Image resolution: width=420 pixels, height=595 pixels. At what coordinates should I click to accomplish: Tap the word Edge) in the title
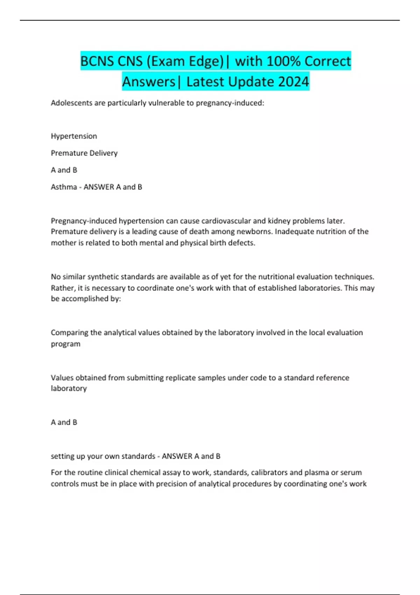(x=207, y=61)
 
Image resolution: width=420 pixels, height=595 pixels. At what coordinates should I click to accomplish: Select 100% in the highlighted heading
(x=283, y=61)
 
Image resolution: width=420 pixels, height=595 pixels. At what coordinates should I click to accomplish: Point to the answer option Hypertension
(x=74, y=136)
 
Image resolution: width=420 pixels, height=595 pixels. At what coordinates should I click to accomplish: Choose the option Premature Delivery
(x=84, y=153)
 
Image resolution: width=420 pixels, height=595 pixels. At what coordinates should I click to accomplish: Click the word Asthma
(x=64, y=187)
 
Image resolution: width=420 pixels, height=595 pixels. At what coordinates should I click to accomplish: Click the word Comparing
(x=69, y=332)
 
